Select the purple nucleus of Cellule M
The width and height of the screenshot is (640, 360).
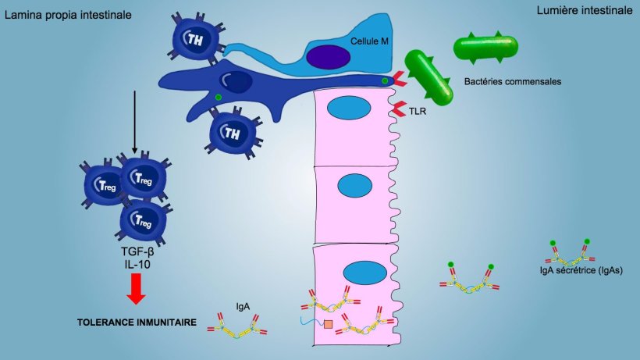(328, 56)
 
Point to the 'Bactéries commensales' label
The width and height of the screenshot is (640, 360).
(512, 80)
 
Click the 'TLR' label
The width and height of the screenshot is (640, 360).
(418, 112)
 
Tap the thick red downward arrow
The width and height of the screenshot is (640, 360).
(136, 288)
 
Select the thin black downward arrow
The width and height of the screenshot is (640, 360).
(134, 121)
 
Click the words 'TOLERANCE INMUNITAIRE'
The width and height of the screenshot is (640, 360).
(136, 320)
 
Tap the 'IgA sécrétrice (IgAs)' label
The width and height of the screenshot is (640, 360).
(580, 270)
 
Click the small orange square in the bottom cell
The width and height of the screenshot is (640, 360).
(329, 323)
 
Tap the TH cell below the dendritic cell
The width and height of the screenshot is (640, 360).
(232, 130)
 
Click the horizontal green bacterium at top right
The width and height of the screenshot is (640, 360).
(485, 48)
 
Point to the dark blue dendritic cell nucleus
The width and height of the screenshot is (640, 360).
(234, 79)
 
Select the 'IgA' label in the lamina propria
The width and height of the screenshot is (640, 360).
(243, 307)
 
